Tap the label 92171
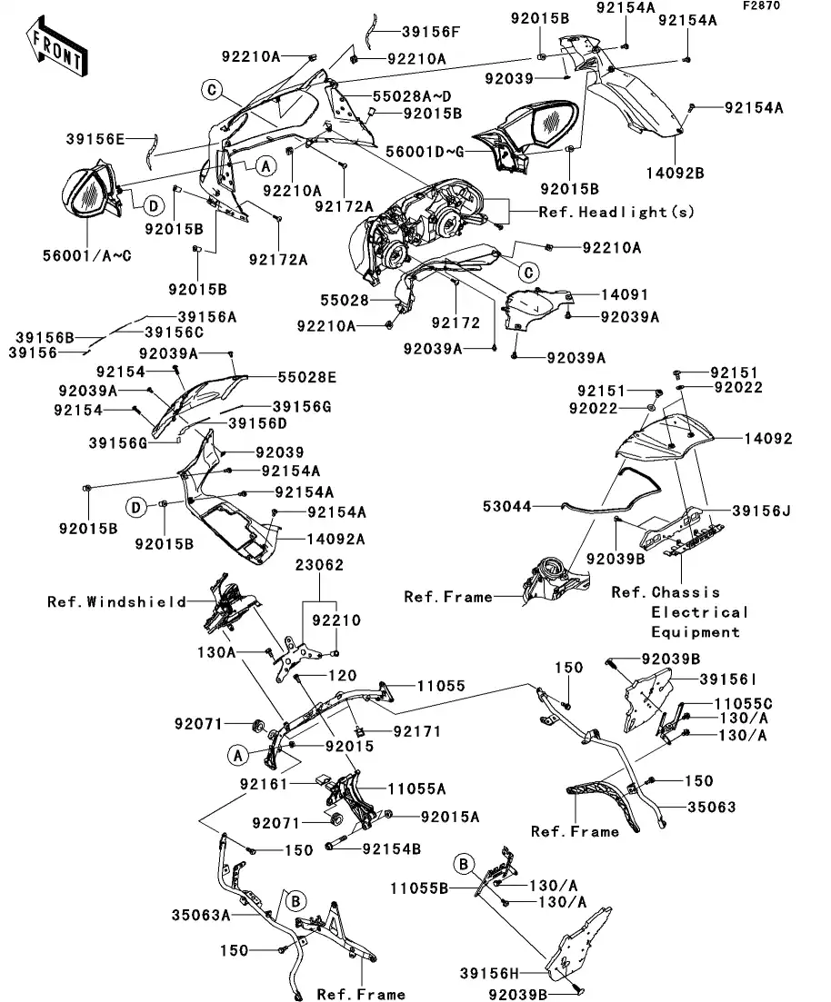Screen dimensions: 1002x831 pyautogui.click(x=415, y=729)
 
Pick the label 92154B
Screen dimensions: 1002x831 pyautogui.click(x=391, y=849)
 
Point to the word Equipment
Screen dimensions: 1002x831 pyautogui.click(x=696, y=632)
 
